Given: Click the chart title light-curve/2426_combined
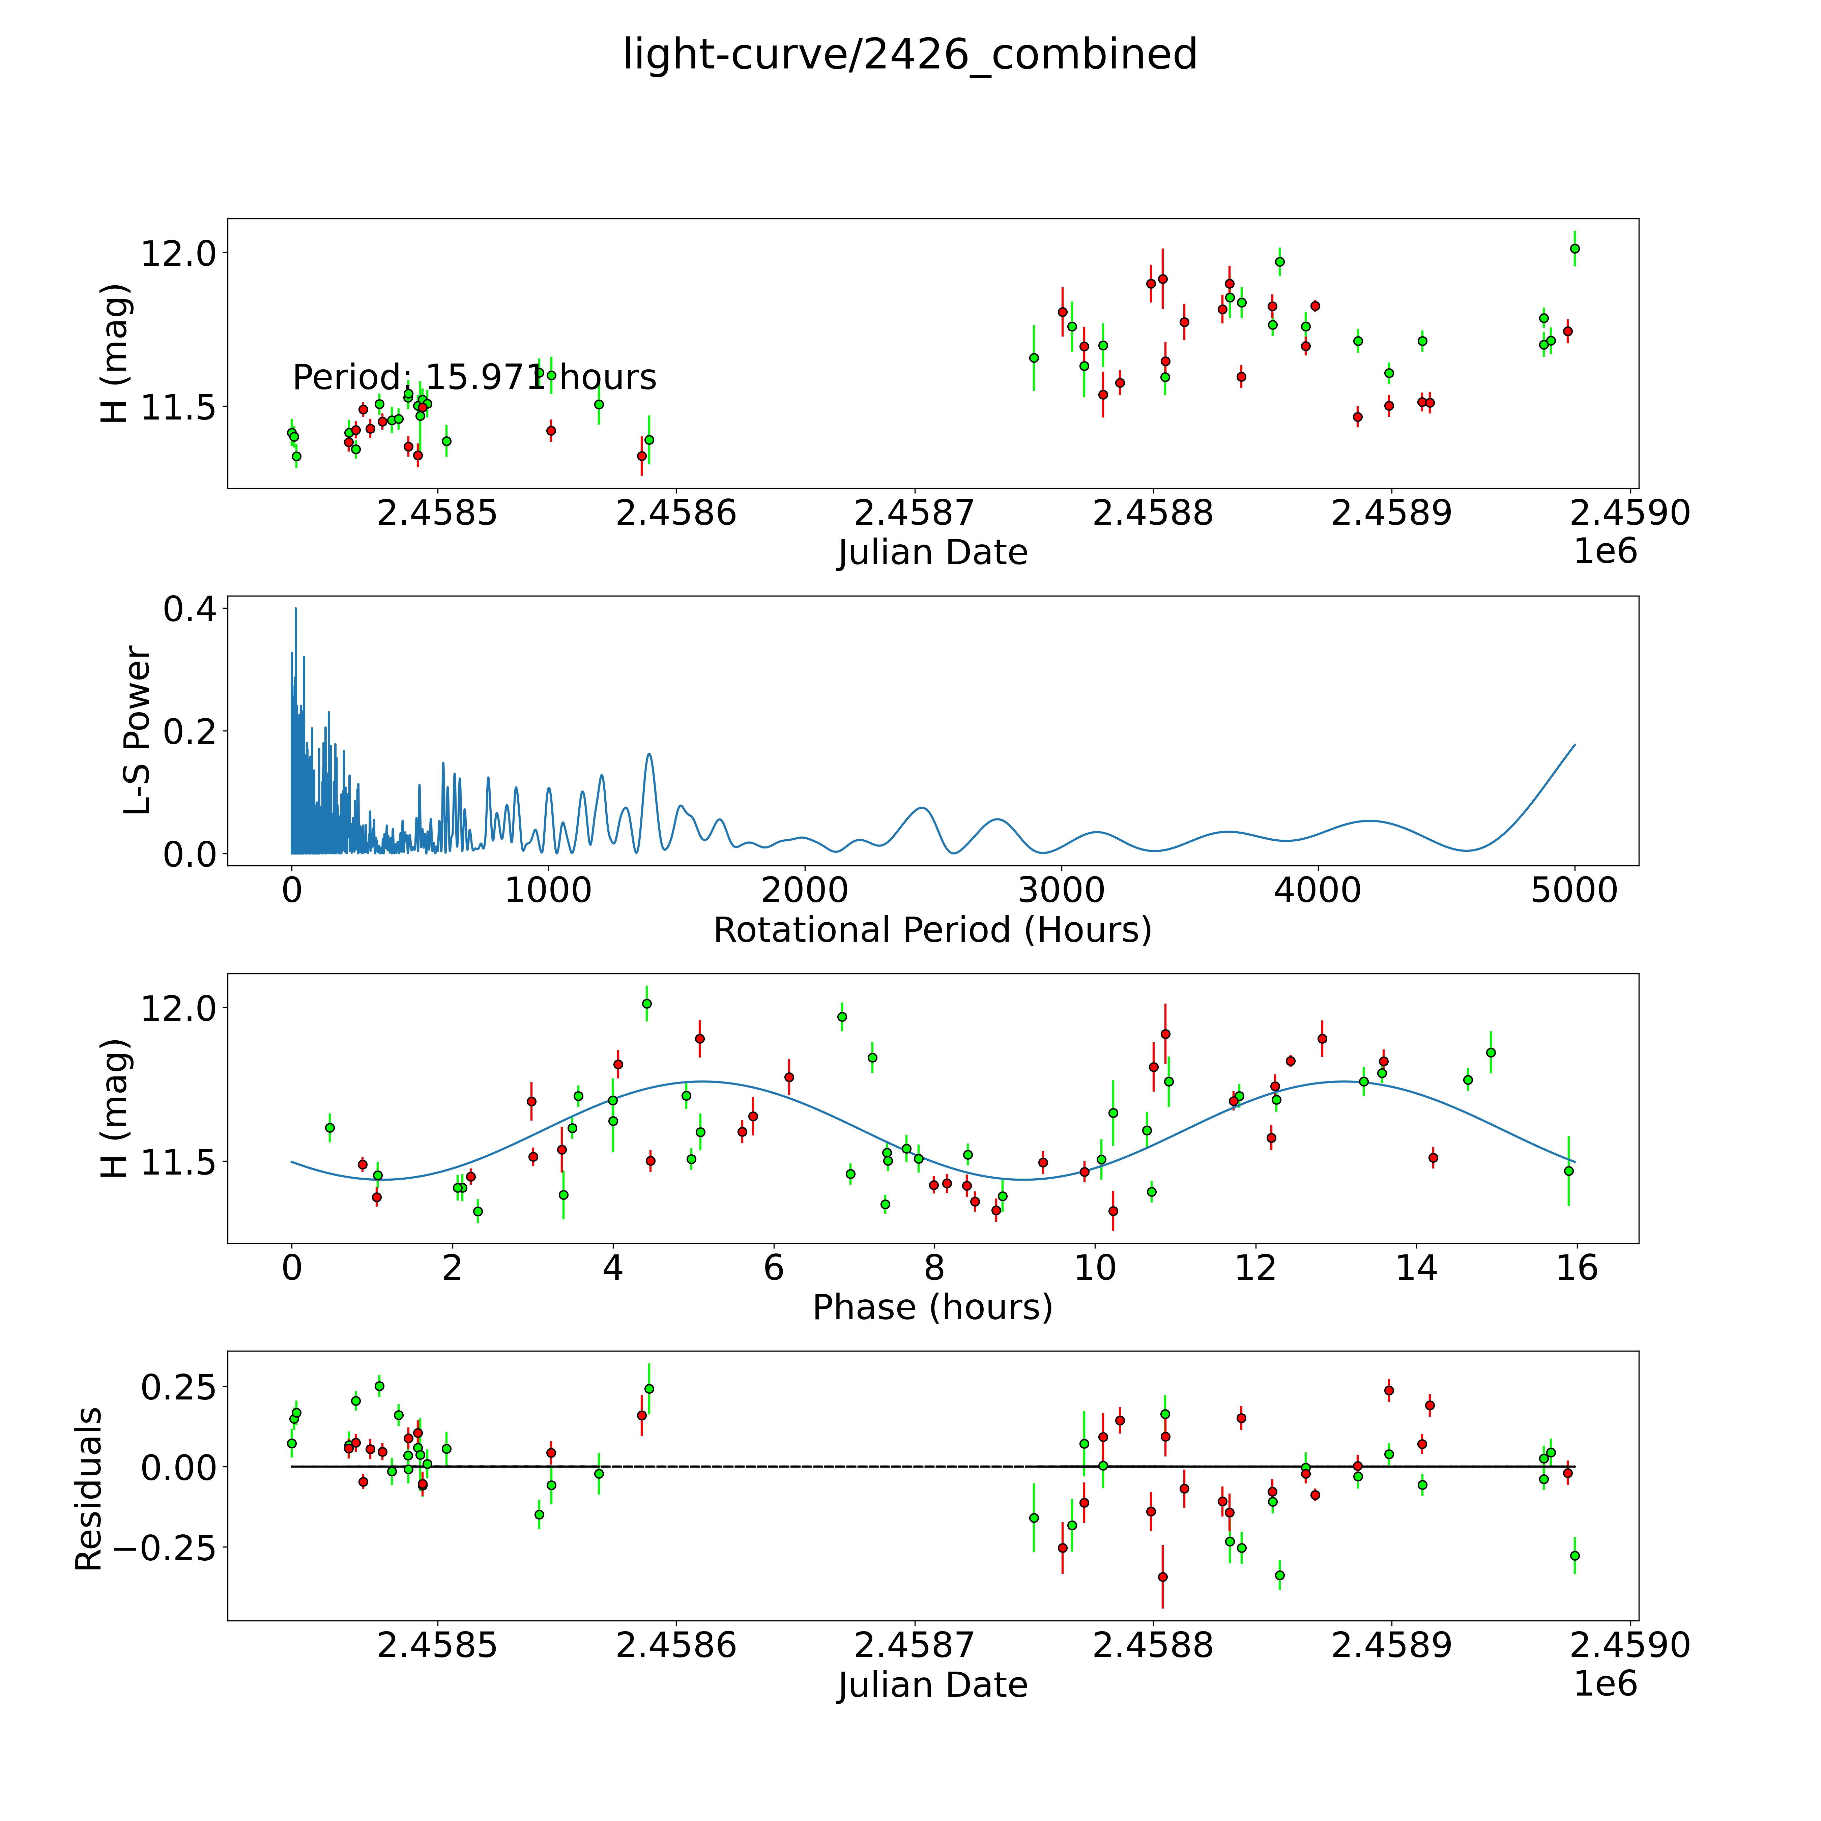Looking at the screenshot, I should (x=909, y=55).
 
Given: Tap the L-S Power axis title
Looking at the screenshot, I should (x=138, y=730).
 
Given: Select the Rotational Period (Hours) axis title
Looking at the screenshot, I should (x=932, y=930).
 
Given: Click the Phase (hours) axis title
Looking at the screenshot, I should (x=932, y=1307).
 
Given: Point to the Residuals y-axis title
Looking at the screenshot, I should (x=89, y=1489).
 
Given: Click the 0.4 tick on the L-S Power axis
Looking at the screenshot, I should (x=190, y=610).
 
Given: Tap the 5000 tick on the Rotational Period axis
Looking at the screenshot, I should (x=1574, y=891).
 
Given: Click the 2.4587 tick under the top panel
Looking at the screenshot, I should (x=914, y=514).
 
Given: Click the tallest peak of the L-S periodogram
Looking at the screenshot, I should (x=295, y=609).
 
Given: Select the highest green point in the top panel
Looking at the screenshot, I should (x=1574, y=249).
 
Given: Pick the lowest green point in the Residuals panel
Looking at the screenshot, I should (x=1279, y=1575).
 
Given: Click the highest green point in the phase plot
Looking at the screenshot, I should (x=646, y=1004).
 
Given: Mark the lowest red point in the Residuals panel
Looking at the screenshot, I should (x=1162, y=1577).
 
